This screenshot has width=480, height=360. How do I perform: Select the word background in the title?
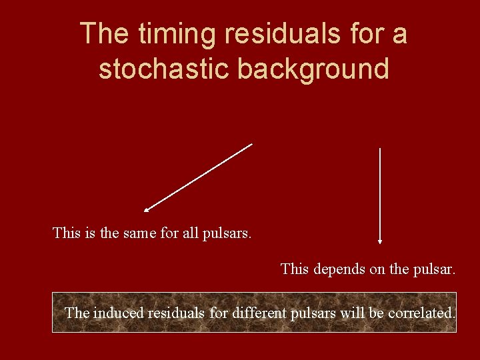[x=313, y=68]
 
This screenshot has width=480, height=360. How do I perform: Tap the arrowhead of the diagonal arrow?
[x=146, y=210]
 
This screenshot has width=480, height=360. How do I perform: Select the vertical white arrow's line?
[x=380, y=193]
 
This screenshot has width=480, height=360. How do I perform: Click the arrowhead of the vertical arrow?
[x=380, y=241]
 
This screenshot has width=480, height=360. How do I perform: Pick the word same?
[x=139, y=233]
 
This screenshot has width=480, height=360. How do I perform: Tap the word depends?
[x=339, y=269]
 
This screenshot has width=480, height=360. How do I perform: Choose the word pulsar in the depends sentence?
[x=433, y=269]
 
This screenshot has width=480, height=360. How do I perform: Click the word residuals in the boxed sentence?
[x=175, y=312]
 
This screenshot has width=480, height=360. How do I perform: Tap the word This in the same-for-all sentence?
[x=65, y=233]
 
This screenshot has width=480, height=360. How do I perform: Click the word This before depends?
[x=294, y=269]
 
